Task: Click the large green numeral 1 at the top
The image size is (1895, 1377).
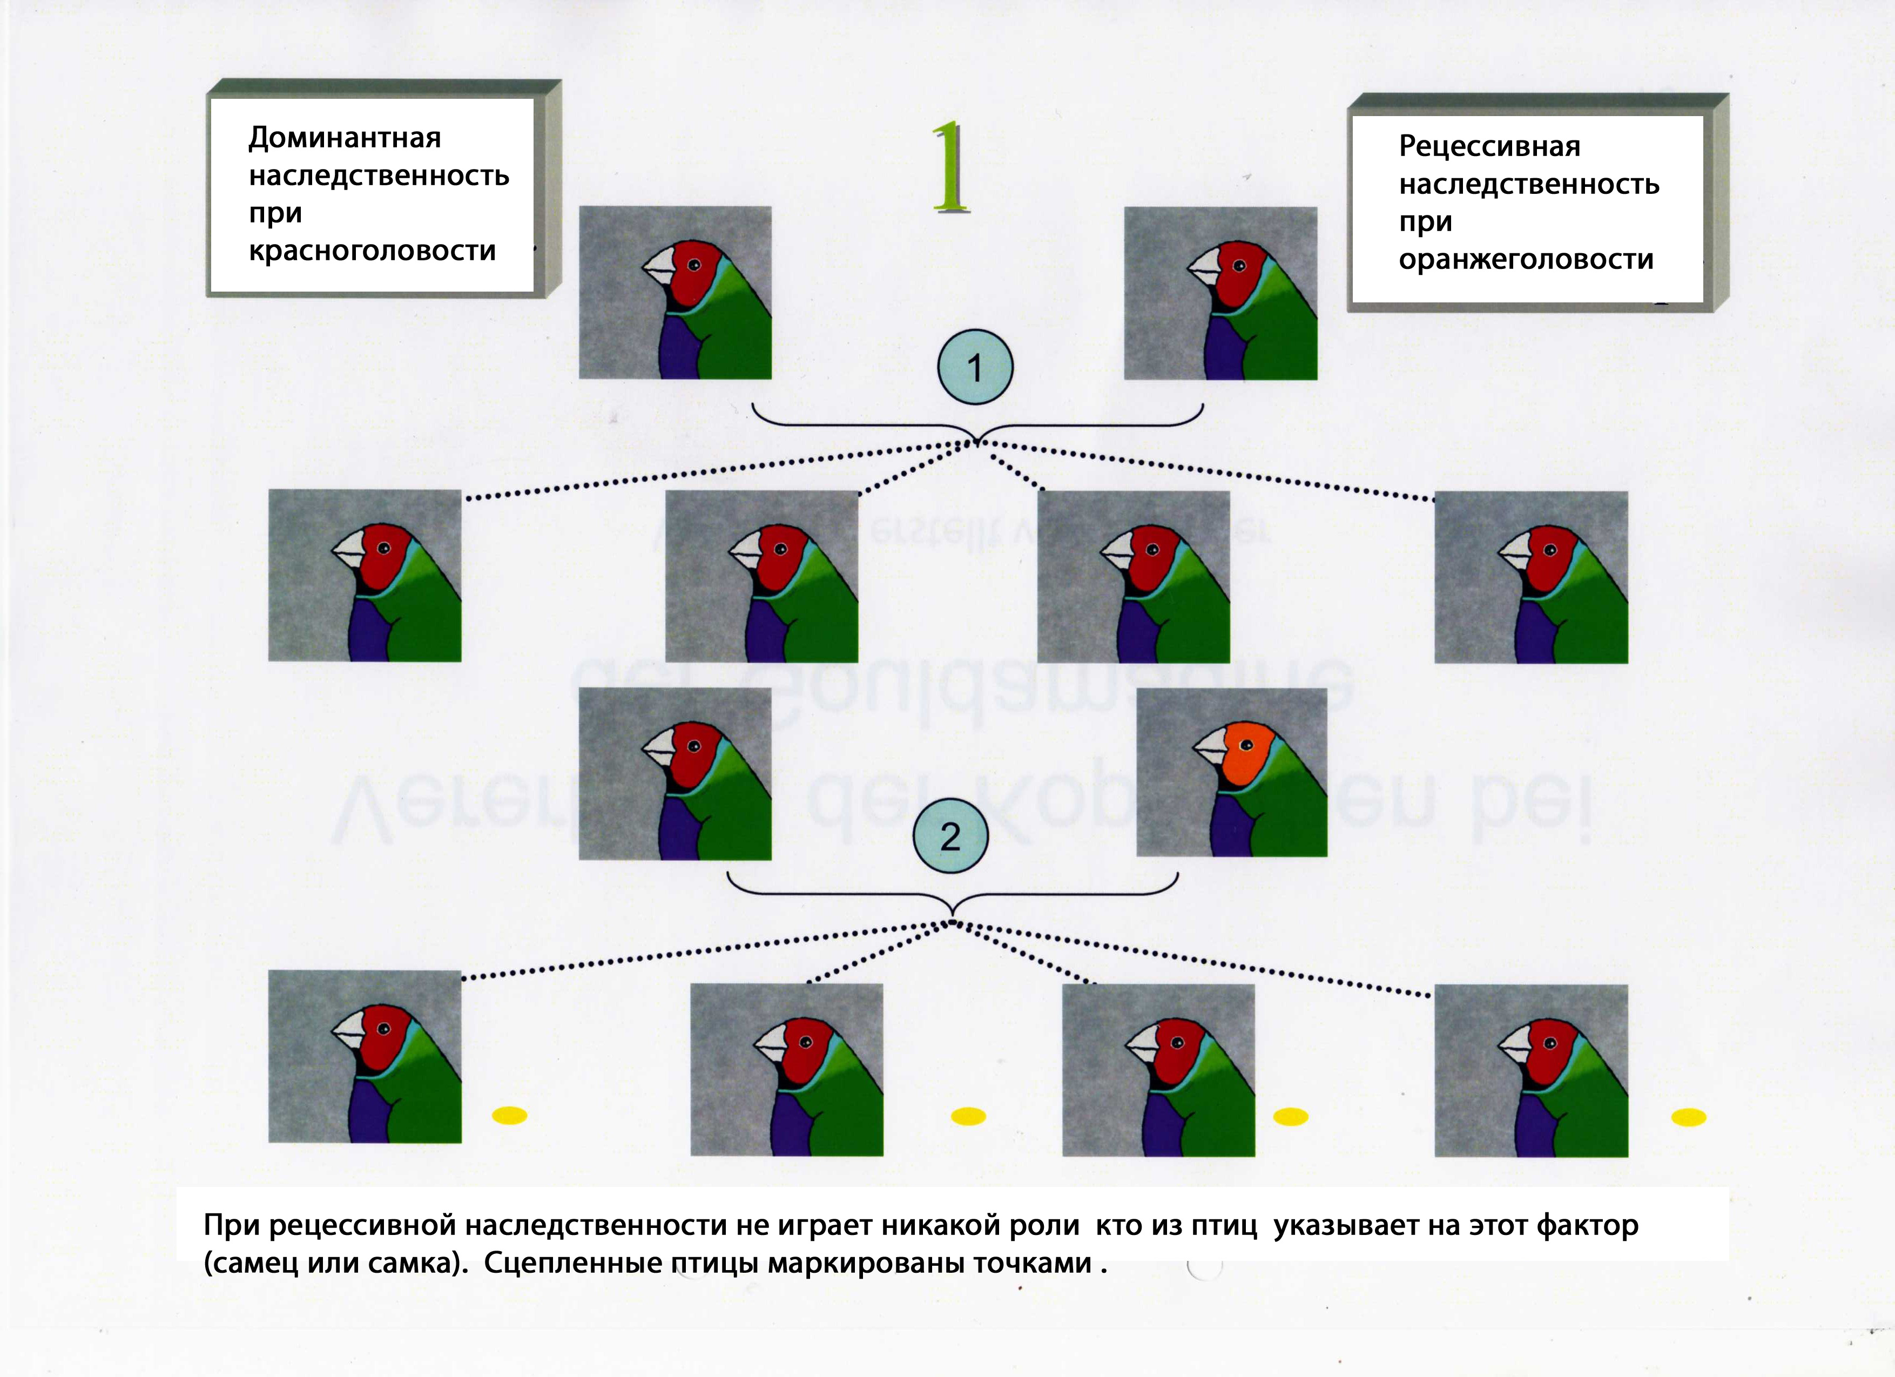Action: (x=951, y=167)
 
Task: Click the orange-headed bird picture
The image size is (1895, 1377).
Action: (x=1232, y=772)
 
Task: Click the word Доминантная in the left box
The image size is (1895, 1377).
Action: (x=344, y=138)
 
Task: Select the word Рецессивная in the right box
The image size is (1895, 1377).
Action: (x=1489, y=147)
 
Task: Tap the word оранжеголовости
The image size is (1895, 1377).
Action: (x=1526, y=260)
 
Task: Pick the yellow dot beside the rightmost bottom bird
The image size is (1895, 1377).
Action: (x=1688, y=1117)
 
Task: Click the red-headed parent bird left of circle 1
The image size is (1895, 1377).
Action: (x=675, y=293)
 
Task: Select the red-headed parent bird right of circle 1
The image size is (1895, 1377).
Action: (x=1220, y=293)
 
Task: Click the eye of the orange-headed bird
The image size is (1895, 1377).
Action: (x=1246, y=745)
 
